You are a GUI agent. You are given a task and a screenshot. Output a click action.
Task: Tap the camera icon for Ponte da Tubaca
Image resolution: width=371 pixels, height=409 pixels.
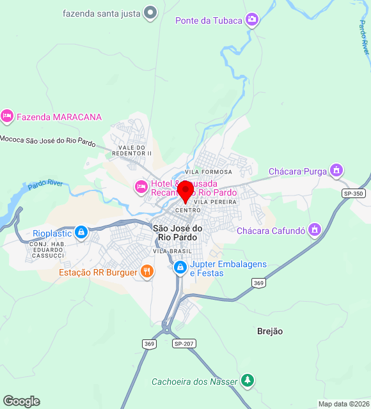click(x=253, y=20)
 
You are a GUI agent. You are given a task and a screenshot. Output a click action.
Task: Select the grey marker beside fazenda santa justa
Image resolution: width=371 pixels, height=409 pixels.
click(x=150, y=12)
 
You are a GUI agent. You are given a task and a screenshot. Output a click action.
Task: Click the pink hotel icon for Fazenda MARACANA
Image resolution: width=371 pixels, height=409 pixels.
click(x=7, y=116)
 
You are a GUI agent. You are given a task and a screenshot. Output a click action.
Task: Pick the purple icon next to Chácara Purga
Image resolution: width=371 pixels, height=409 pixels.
click(x=336, y=171)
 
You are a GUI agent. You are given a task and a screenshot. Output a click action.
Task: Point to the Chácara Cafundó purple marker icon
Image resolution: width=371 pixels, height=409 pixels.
click(x=314, y=229)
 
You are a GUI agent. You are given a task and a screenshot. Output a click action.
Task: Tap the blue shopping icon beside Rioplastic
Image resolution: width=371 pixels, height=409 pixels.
click(x=81, y=233)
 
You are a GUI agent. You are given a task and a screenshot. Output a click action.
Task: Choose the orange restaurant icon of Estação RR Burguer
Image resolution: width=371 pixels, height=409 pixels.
click(x=147, y=272)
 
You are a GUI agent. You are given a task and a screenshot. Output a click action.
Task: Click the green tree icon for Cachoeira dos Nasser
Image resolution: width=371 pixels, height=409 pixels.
click(x=248, y=381)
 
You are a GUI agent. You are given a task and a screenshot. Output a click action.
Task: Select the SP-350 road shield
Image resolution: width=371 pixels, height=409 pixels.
click(x=353, y=193)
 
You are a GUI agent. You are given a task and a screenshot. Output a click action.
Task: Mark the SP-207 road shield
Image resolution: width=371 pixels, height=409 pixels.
click(x=184, y=343)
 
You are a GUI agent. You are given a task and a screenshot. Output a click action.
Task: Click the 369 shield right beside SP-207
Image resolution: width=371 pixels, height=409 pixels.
click(x=149, y=344)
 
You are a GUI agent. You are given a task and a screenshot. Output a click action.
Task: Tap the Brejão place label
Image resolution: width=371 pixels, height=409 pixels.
click(x=270, y=331)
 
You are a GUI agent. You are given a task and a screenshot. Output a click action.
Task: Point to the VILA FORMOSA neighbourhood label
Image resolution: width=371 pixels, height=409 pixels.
click(x=208, y=172)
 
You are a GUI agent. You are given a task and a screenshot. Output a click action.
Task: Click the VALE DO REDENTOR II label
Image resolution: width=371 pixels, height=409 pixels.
click(x=132, y=150)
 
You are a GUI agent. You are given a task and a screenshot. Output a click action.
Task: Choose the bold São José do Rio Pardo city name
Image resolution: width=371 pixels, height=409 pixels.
click(x=177, y=233)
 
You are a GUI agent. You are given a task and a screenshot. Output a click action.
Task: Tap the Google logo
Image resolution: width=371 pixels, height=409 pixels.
click(x=21, y=401)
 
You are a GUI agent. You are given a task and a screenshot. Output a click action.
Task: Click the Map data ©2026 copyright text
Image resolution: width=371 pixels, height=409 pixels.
click(x=343, y=404)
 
